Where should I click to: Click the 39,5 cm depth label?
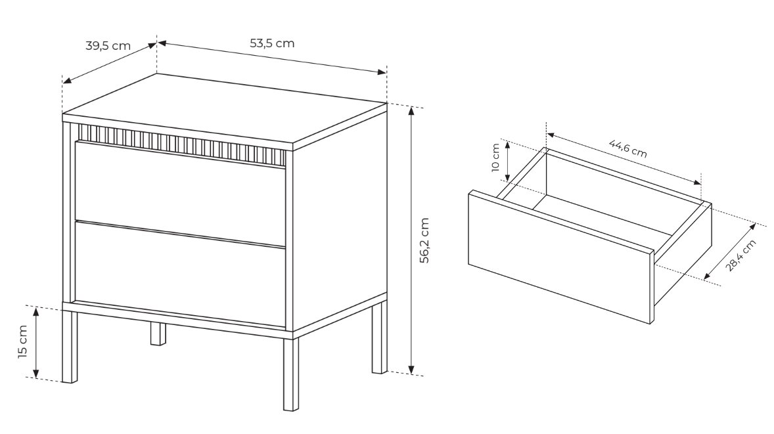pos(108,46)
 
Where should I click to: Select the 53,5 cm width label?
pos(272,43)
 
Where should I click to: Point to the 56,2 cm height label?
pos(424,240)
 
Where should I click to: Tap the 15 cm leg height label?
pos(23,341)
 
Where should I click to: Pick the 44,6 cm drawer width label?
pos(627,148)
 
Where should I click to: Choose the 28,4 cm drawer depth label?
pos(740,255)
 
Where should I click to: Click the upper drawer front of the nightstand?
pos(180,192)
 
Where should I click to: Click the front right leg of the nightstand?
pos(291,374)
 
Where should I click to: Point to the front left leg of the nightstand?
pos(70,347)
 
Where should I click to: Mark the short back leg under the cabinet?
pos(158,334)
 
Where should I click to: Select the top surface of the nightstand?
pos(225,111)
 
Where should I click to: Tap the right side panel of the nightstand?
pos(340,222)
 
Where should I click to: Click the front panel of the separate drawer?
pos(560,257)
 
